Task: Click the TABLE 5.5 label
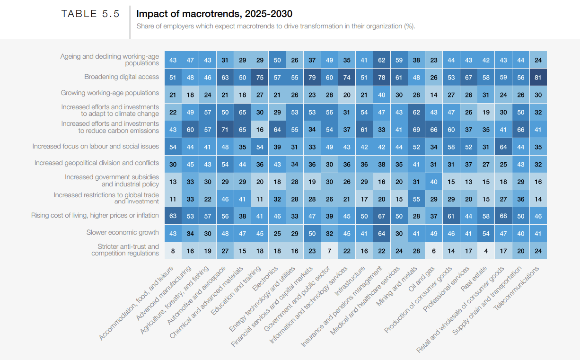click(90, 14)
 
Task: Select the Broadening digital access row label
click(122, 77)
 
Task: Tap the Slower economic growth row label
click(123, 232)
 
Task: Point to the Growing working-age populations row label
click(110, 93)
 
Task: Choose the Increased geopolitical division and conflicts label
click(97, 163)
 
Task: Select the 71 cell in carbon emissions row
click(225, 130)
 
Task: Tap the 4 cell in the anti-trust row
click(486, 251)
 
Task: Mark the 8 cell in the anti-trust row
click(173, 251)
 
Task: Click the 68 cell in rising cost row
click(503, 216)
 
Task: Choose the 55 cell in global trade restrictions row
click(416, 199)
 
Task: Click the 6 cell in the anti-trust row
click(434, 251)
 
